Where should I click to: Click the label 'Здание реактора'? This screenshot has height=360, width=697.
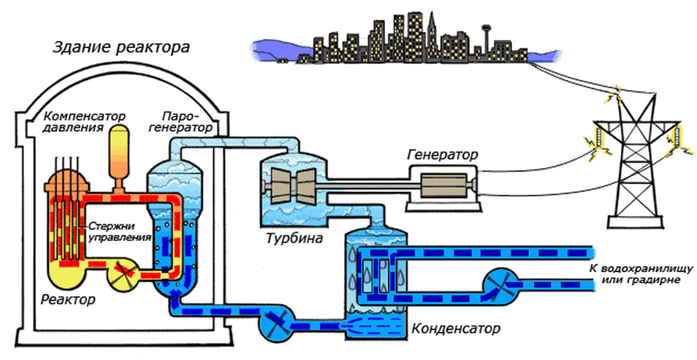click(x=121, y=47)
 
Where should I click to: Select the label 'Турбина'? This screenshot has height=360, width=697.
click(x=294, y=238)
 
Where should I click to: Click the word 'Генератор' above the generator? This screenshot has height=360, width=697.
click(x=443, y=156)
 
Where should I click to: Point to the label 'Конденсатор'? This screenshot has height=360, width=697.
click(x=455, y=329)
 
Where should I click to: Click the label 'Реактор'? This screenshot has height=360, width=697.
click(x=68, y=300)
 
